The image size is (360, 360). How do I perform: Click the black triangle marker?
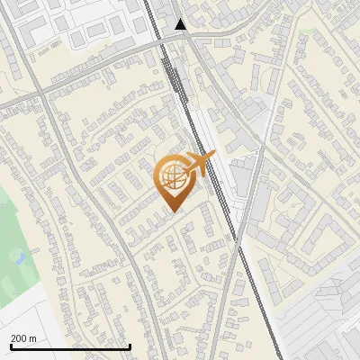[x=182, y=24]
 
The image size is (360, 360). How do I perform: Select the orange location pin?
[x=175, y=181]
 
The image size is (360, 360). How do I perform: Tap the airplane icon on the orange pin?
[x=199, y=165]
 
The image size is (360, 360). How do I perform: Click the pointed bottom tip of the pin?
[x=175, y=212]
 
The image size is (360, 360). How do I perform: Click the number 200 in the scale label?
[x=19, y=338]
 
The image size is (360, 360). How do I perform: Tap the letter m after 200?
[x=33, y=338]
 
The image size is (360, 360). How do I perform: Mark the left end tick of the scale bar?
[x=11, y=346]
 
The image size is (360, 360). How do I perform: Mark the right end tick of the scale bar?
[x=130, y=346]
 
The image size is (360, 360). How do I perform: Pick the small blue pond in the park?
[x=19, y=257]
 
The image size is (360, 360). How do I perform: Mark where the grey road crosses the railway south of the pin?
[x=236, y=242]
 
